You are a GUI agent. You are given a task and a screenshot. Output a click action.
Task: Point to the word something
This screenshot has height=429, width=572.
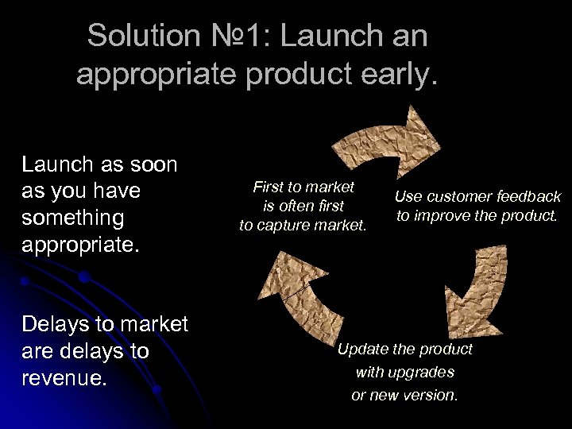pos(73,218)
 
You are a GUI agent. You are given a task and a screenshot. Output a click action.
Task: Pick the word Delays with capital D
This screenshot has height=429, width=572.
pos(55,324)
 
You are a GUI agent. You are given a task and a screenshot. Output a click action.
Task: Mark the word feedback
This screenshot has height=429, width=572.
pos(529,197)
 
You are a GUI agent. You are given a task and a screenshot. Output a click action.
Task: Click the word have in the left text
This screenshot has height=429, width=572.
pos(117,191)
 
